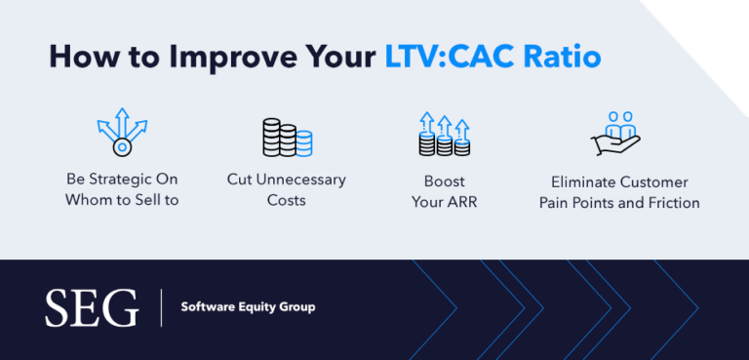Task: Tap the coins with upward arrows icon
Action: coord(444,135)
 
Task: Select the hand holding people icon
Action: coord(614,135)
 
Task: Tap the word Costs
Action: coord(286,200)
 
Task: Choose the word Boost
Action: coord(444,181)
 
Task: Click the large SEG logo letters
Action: coord(92,308)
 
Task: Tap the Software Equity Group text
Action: coord(248,307)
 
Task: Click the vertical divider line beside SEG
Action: coord(162,308)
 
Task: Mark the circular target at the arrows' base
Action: coord(122,147)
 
